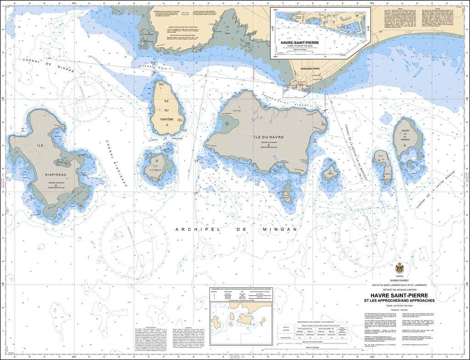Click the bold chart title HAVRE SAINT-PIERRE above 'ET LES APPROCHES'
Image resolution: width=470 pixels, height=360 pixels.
[x=398, y=295]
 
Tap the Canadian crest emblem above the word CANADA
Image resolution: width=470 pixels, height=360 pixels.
[x=399, y=267]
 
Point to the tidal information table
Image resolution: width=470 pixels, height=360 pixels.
[x=316, y=332]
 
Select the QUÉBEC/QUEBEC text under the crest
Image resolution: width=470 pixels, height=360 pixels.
[x=398, y=280]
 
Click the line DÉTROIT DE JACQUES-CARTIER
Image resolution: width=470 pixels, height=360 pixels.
[x=398, y=289]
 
